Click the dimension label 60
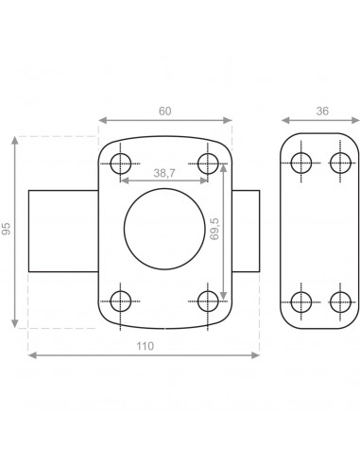coord(165,112)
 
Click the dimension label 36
coord(321,112)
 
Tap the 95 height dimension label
coord(8,232)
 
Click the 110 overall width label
coord(145,347)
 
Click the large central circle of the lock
coord(164,232)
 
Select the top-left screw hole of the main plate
coord(120,164)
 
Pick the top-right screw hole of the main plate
coord(209,164)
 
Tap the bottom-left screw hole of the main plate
coord(120,301)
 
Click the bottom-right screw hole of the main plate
coord(209,301)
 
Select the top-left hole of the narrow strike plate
coord(301,163)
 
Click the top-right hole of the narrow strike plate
coord(340,163)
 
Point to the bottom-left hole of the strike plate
coord(301,301)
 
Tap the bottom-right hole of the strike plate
coord(340,301)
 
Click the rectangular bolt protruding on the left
coord(63,232)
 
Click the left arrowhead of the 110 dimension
coord(32,355)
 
